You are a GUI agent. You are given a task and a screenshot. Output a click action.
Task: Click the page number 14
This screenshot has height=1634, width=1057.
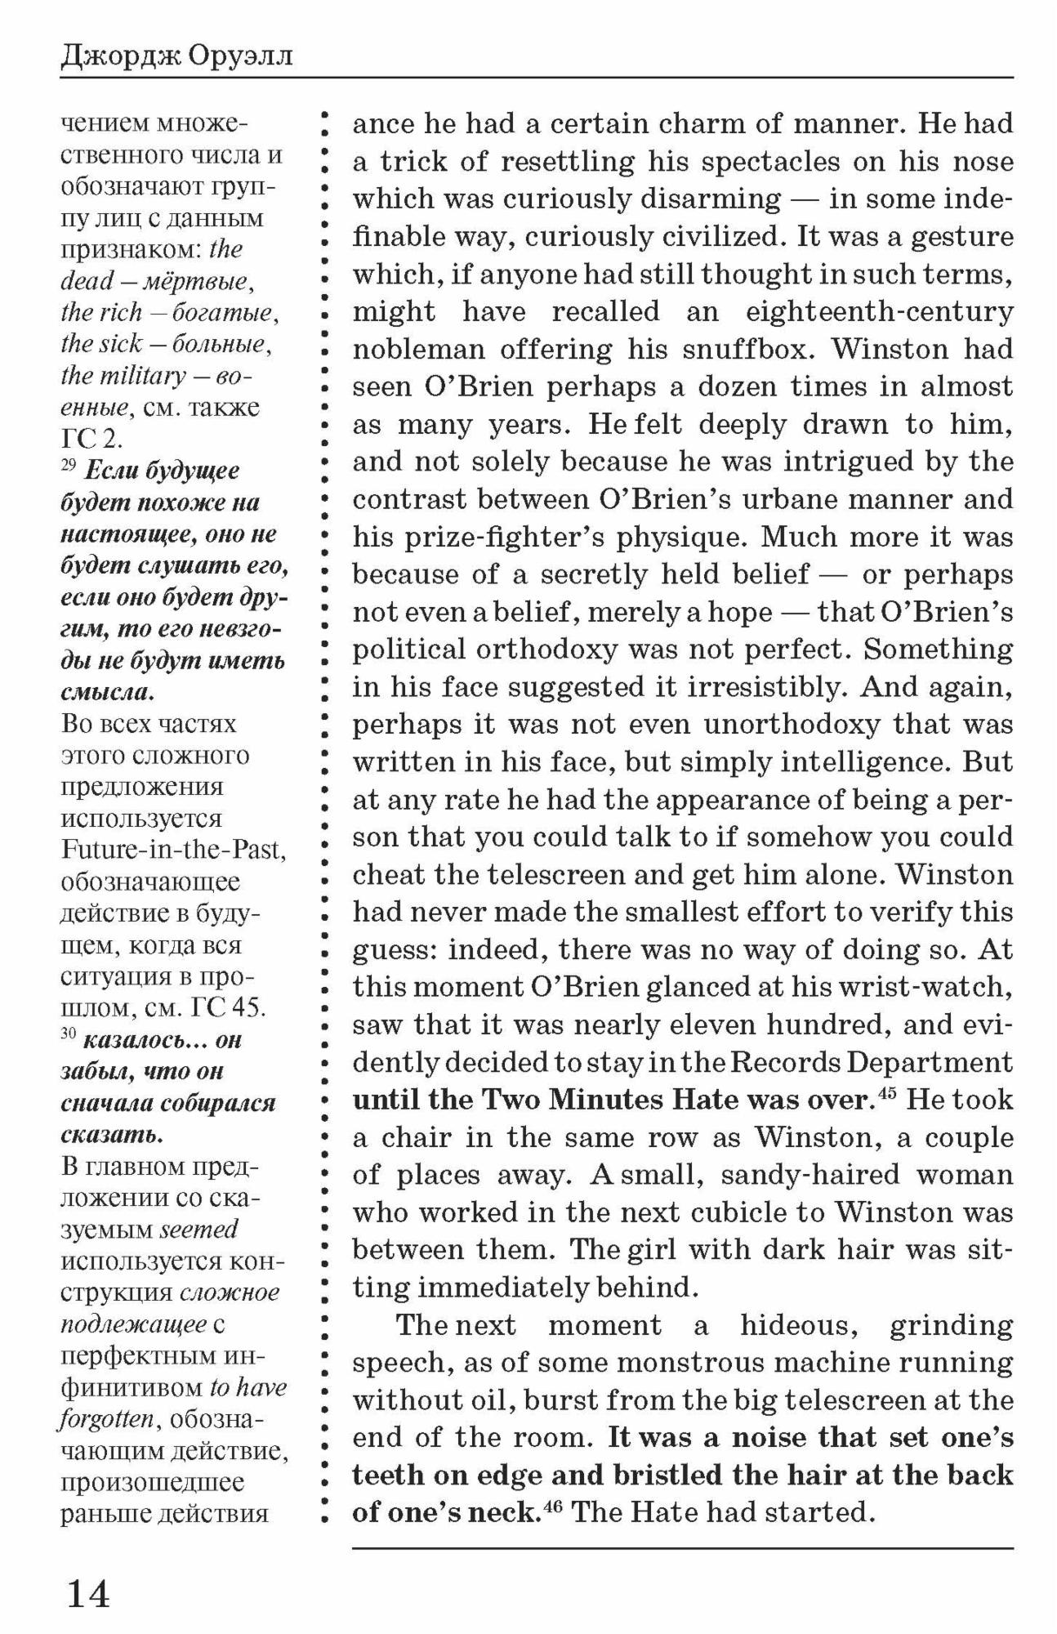point(87,1592)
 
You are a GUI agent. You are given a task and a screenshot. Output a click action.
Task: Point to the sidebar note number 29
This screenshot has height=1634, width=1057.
point(69,465)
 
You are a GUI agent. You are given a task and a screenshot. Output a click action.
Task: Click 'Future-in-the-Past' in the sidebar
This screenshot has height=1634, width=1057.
point(174,850)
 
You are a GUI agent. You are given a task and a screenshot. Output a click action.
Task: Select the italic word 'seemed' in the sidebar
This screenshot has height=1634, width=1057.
point(198,1229)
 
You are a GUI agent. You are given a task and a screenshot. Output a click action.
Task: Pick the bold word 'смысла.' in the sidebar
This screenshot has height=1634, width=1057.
point(107,693)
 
